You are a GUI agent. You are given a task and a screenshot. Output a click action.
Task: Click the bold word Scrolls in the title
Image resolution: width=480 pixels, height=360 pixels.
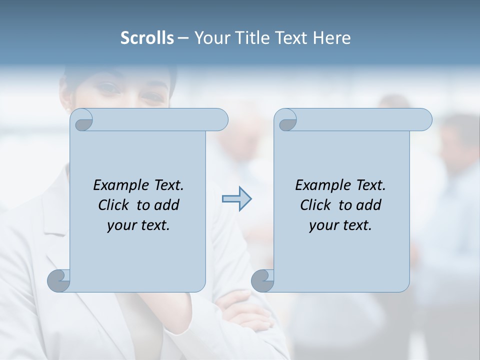(147, 38)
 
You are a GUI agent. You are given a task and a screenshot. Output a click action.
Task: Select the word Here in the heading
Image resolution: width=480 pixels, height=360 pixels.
(331, 38)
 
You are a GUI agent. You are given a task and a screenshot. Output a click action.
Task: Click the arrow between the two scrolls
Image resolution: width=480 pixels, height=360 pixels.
(237, 199)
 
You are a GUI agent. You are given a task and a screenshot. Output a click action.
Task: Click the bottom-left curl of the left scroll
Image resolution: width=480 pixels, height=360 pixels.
(59, 280)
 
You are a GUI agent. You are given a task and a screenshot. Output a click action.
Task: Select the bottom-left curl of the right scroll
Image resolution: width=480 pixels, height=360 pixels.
(262, 280)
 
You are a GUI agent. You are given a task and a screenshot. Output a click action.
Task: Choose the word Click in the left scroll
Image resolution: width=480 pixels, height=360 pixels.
(115, 205)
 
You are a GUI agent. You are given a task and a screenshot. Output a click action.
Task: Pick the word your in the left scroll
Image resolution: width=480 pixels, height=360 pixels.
(120, 225)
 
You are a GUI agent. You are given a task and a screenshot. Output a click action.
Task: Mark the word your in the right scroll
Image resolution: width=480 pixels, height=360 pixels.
(322, 225)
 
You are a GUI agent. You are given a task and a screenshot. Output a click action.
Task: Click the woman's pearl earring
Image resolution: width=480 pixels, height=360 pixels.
(67, 108)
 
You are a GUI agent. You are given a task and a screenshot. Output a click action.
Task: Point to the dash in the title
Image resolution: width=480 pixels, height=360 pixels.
(183, 38)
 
